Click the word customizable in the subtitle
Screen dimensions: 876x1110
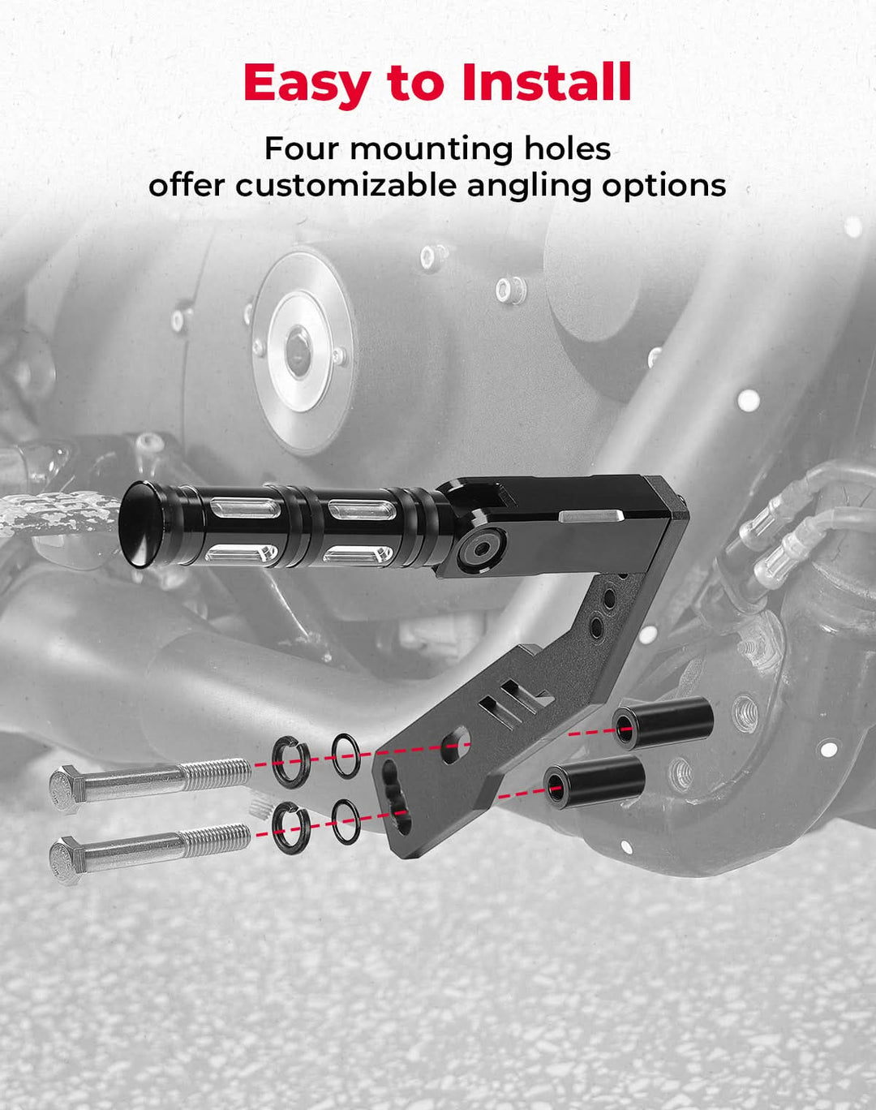[346, 186]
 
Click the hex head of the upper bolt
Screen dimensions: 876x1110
[65, 789]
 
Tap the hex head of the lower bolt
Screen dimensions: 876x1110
[65, 860]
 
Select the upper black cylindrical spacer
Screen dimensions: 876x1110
[663, 723]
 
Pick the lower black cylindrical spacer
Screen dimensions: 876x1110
[595, 781]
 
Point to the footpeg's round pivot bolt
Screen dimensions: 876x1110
[481, 550]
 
